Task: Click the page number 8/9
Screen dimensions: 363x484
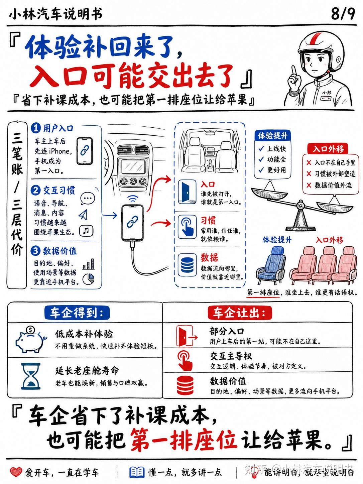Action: click(x=343, y=14)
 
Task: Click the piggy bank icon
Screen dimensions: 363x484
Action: click(x=31, y=340)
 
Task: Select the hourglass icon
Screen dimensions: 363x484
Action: click(x=31, y=376)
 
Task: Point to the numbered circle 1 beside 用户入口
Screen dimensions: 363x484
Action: click(x=36, y=128)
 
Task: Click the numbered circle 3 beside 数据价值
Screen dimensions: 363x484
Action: click(x=35, y=251)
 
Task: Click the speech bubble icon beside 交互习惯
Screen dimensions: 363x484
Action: click(x=88, y=199)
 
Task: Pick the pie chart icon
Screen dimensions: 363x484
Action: click(x=88, y=279)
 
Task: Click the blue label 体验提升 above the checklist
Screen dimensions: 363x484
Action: click(x=273, y=135)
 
